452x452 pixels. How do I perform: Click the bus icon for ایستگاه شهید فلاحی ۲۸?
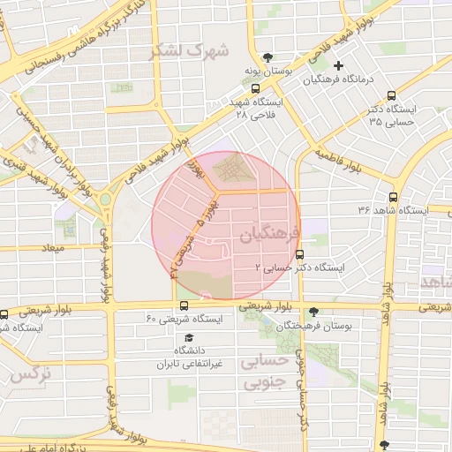tap(255, 88)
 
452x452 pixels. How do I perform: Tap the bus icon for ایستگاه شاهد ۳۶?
tap(393, 197)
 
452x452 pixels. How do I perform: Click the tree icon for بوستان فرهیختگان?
tap(313, 311)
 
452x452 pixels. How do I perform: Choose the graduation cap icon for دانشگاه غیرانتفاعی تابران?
tap(187, 337)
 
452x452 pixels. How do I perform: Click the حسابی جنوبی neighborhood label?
tap(266, 372)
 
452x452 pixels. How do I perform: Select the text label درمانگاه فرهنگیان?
tap(340, 79)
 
